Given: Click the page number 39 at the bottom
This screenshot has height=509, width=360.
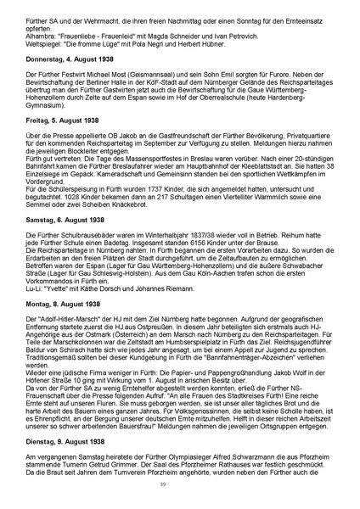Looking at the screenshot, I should click(x=179, y=485).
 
